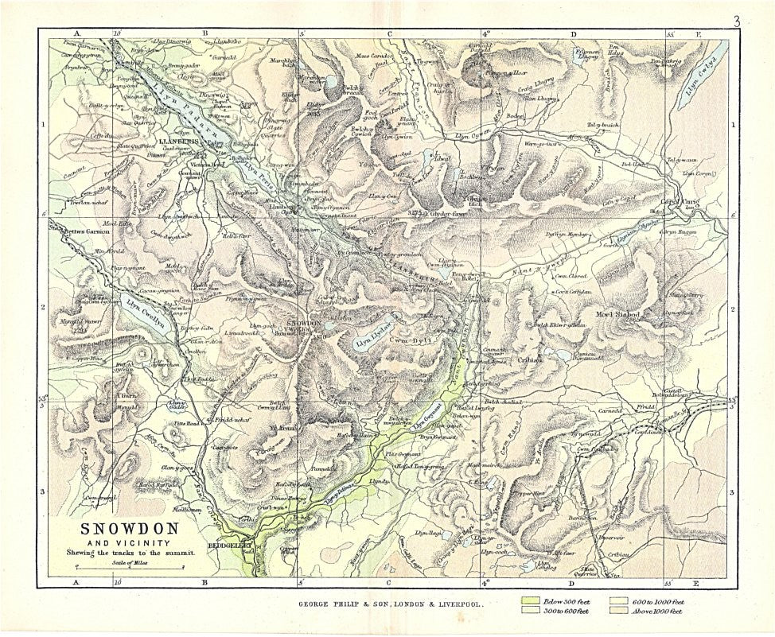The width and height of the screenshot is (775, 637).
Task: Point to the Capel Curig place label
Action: [x=679, y=202]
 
